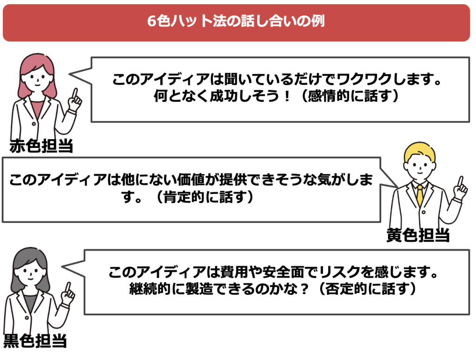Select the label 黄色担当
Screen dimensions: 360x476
[418, 235]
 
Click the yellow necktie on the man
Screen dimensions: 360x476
[420, 195]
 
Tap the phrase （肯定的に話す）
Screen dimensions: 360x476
[204, 197]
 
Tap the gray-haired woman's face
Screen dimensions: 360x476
[30, 270]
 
